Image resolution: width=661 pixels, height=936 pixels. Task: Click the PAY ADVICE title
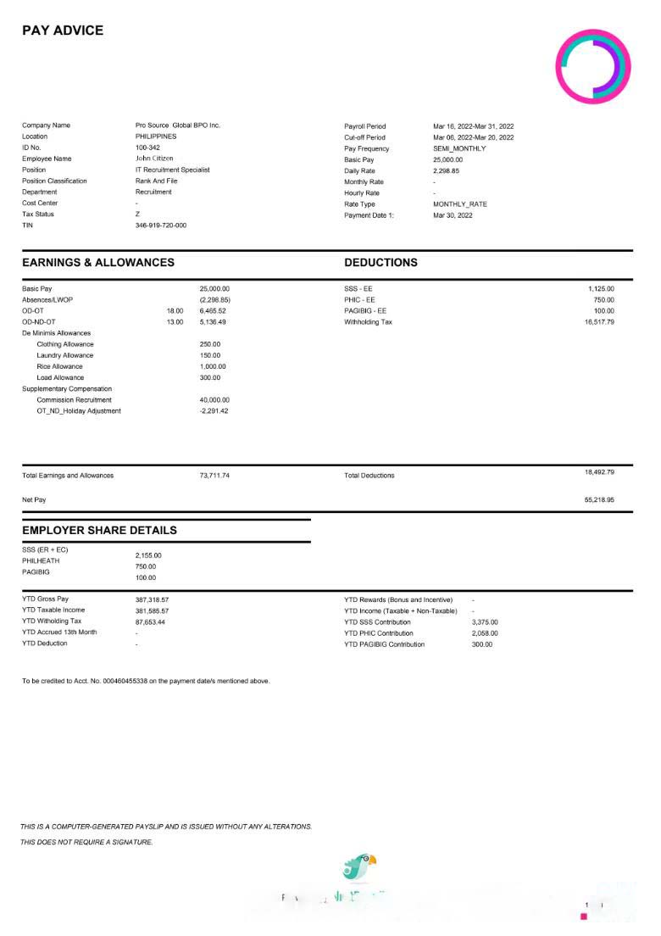[63, 31]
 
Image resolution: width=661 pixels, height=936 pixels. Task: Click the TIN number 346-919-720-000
[161, 226]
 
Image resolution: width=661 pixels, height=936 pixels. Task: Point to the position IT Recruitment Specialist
[173, 170]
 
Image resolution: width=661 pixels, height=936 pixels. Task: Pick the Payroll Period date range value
[474, 126]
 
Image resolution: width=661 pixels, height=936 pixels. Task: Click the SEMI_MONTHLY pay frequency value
[459, 148]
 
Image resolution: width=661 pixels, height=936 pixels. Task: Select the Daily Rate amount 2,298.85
[447, 170]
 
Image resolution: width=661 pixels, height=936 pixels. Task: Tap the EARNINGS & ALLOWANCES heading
[98, 263]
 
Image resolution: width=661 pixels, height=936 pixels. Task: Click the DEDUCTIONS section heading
[380, 263]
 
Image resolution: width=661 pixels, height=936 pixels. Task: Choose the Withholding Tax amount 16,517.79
[599, 322]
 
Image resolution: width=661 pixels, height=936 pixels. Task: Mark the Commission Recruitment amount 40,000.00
[214, 400]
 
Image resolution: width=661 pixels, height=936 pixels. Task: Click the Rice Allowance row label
[59, 366]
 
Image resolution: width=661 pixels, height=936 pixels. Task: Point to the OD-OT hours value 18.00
[175, 311]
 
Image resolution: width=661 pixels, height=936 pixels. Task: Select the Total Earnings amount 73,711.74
[214, 476]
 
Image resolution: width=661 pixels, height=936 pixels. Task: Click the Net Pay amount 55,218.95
[599, 500]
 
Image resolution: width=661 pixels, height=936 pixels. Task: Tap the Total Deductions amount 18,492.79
[599, 471]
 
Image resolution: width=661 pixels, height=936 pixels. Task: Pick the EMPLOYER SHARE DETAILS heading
[99, 530]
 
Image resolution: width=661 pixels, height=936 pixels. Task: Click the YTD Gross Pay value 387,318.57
[152, 599]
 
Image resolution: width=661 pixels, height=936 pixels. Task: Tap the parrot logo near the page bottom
[359, 866]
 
